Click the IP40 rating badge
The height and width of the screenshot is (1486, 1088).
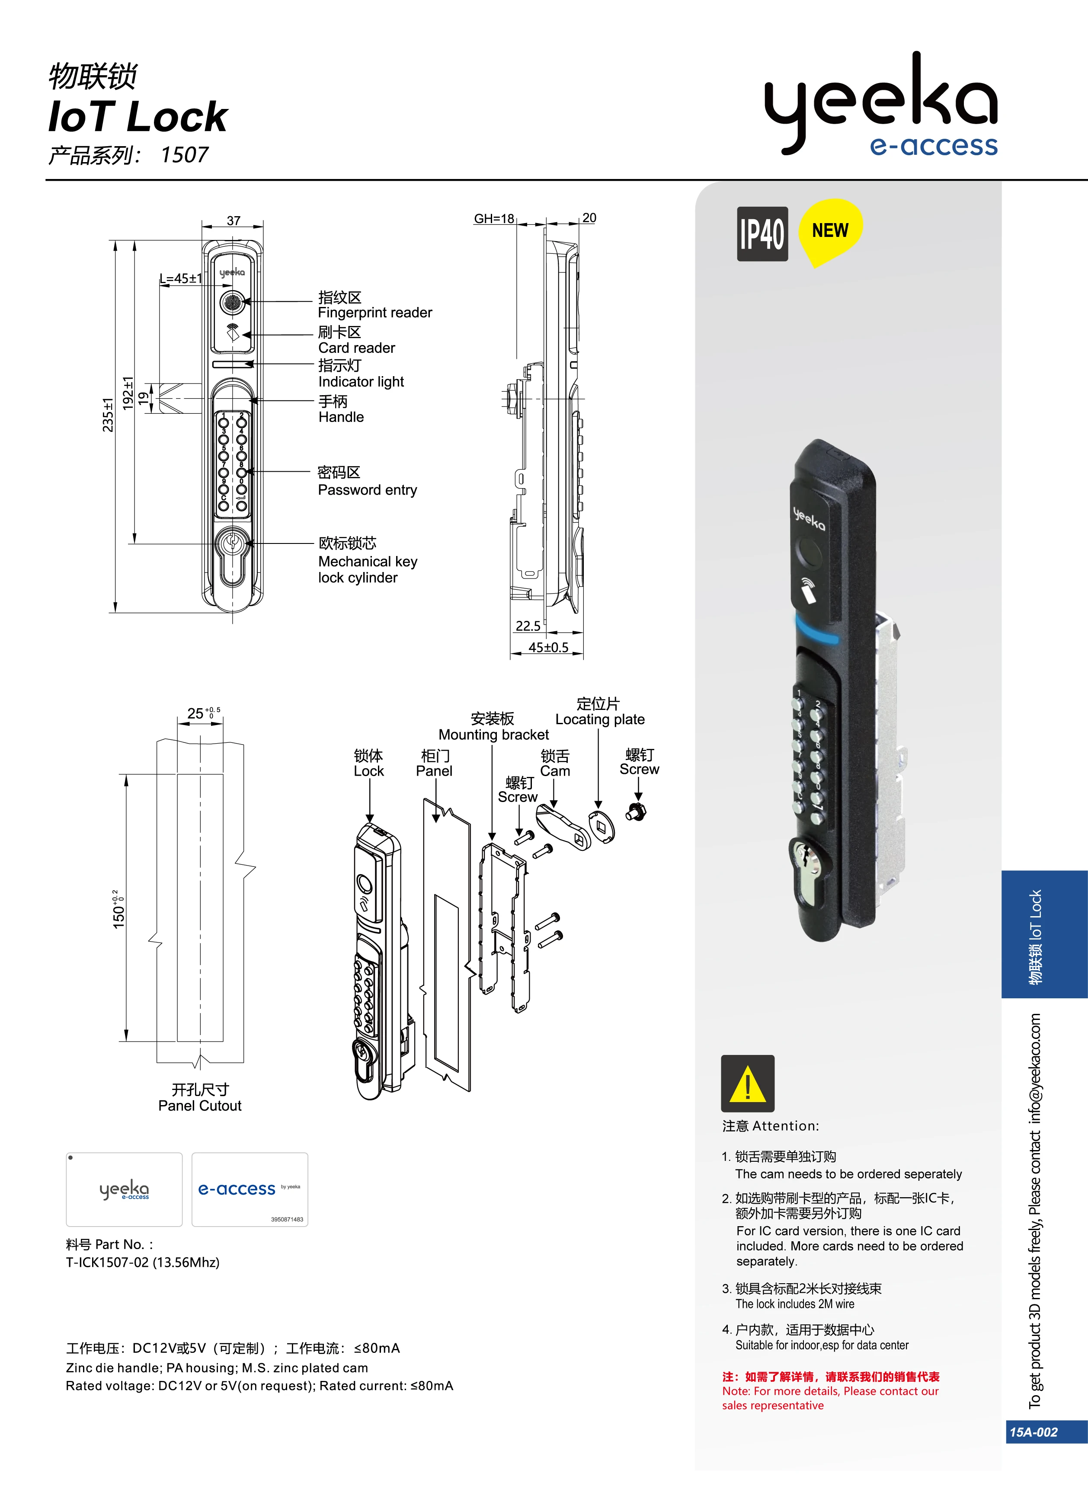coord(762,234)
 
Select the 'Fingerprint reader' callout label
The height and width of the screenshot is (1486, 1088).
coord(375,313)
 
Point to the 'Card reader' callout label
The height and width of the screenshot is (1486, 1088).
coord(356,348)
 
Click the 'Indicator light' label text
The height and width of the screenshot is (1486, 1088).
coord(361,382)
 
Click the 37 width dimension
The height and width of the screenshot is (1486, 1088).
coord(233,221)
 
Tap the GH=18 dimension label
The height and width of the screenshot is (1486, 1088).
coord(494,219)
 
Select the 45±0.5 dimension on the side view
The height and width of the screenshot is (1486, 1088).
coord(548,647)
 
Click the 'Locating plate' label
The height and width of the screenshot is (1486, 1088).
coord(599,719)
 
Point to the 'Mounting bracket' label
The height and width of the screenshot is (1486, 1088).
coord(493,735)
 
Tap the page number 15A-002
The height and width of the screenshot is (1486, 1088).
coord(1034,1432)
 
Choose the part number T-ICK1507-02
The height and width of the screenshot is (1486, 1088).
coord(142,1262)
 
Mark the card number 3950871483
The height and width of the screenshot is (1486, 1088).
coord(287,1219)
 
